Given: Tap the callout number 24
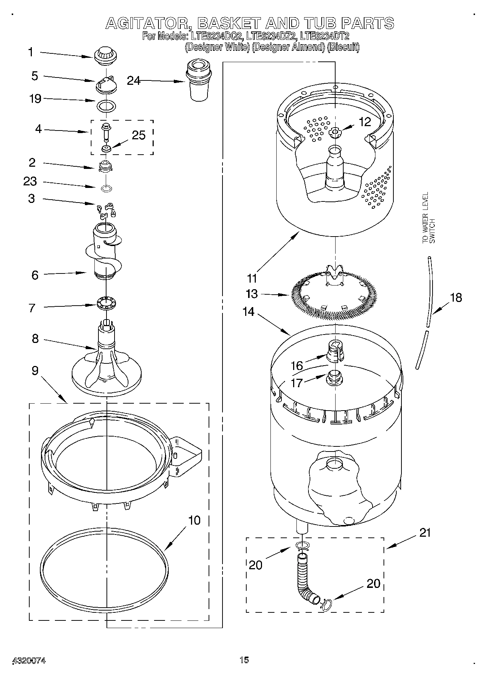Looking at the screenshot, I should (134, 80).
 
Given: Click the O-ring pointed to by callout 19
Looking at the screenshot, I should (106, 106).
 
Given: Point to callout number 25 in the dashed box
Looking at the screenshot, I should (139, 135).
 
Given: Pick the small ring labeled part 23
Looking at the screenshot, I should (106, 189).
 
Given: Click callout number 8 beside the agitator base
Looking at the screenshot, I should (35, 339).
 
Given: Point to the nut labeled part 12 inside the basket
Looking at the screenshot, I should (334, 132).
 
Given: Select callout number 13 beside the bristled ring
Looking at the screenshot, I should (252, 294).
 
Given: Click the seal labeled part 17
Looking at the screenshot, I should (334, 377).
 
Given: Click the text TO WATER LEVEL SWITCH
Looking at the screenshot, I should (429, 218).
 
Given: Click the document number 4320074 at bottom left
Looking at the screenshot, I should (29, 660).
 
